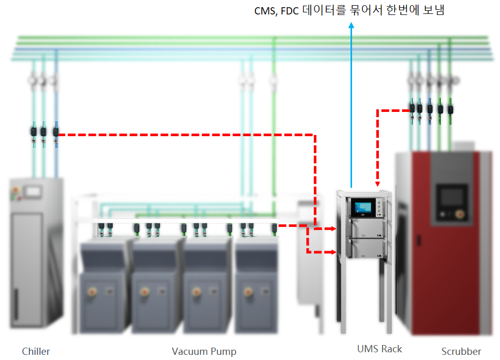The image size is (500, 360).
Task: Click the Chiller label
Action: pos(36,352)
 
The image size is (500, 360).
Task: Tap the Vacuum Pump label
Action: pos(204,352)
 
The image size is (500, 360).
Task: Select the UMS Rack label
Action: pos(379,349)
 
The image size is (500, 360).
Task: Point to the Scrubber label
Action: pos(461,352)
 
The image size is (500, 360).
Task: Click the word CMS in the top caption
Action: pos(264,11)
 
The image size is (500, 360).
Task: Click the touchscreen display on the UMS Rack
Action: pos(361,207)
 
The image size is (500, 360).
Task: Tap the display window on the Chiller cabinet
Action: pos(32,192)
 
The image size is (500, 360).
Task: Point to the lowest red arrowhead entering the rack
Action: pos(334,252)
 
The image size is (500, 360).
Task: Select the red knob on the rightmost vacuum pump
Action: pos(247,291)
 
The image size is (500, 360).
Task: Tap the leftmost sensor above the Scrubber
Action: pos(412,109)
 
